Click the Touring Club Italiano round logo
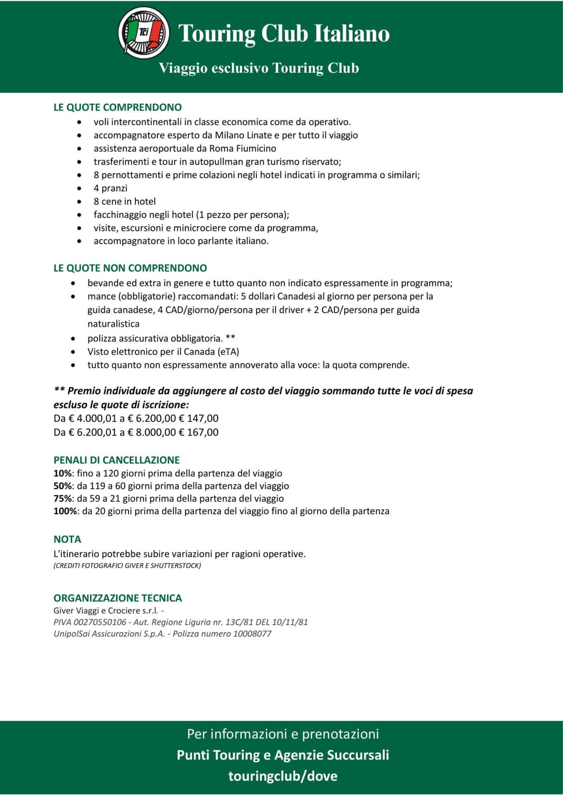(x=143, y=32)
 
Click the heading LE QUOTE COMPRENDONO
(x=117, y=107)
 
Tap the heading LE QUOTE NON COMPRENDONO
(x=130, y=268)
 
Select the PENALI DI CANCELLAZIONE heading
(x=116, y=460)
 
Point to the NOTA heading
(x=67, y=539)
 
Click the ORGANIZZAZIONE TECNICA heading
(x=118, y=598)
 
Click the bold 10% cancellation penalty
(x=62, y=473)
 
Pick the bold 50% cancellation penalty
(x=62, y=486)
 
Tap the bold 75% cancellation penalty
(x=62, y=499)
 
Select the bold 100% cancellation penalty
(x=65, y=511)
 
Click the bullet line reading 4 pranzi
(x=110, y=188)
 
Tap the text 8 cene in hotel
(x=124, y=201)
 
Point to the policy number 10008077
(x=252, y=634)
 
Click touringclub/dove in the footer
(x=283, y=776)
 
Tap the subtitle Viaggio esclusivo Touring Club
(x=259, y=68)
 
